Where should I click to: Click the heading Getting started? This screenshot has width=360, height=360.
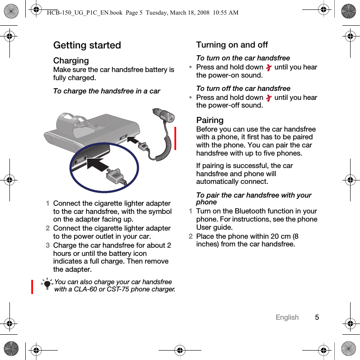87,45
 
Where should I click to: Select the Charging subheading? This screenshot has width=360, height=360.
71,60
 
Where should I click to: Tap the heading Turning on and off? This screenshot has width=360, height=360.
232,45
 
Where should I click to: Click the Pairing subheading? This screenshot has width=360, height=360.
210,120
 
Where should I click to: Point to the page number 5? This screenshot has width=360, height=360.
317,317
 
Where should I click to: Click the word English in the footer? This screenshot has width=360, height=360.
287,317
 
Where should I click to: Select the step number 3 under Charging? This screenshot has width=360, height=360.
48,246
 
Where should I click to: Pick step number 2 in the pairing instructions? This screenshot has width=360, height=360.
191,236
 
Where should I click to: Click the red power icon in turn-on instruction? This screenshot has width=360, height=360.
269,67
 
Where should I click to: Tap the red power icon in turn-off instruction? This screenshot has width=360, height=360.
269,98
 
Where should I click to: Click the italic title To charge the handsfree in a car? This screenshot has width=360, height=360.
107,91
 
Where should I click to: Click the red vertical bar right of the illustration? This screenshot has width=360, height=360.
175,138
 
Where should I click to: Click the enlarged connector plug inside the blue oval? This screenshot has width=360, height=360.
116,176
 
